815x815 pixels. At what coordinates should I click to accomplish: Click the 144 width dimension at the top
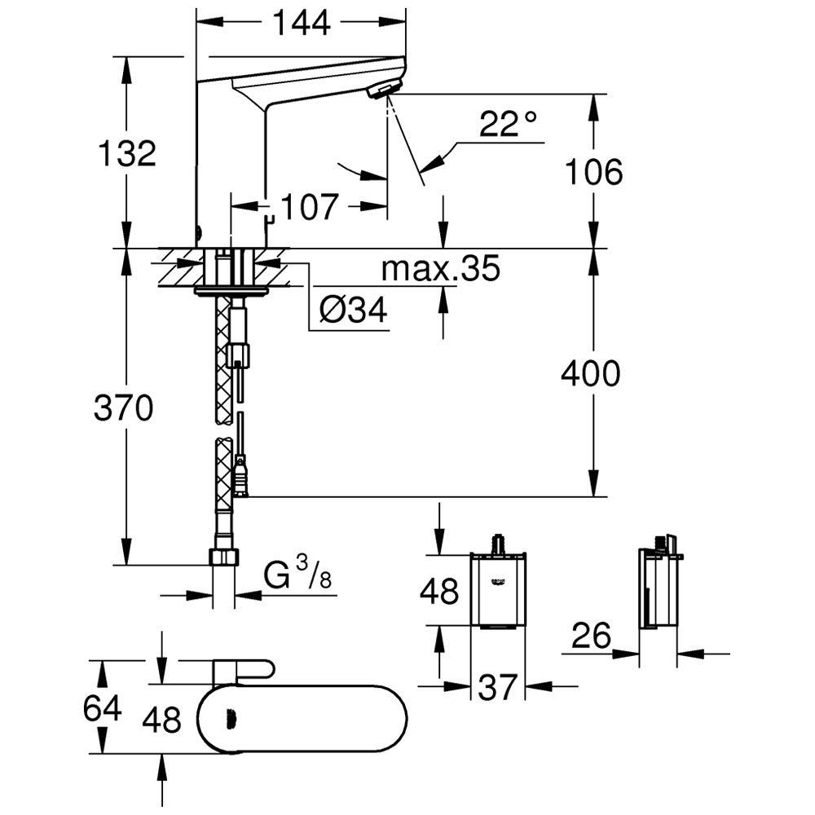point(302,22)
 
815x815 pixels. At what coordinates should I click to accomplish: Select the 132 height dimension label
point(127,153)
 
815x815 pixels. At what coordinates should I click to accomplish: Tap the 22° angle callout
point(507,124)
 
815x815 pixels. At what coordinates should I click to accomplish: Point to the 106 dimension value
point(593,172)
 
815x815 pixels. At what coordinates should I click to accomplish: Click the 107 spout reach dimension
point(310,206)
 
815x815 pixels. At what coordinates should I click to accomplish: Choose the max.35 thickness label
point(441,268)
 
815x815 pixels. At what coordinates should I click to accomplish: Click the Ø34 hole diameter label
point(354,311)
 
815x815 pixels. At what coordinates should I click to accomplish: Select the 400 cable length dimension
point(590,373)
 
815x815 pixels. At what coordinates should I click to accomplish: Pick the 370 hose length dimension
point(124,407)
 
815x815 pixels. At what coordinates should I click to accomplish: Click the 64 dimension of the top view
point(103,708)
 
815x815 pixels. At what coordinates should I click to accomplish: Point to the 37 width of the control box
point(498,686)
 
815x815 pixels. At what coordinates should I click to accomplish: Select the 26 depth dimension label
point(592,636)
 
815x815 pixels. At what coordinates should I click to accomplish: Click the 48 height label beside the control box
point(439,591)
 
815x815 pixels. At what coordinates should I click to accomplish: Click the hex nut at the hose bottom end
point(224,557)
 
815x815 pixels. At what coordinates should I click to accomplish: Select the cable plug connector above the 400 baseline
point(240,476)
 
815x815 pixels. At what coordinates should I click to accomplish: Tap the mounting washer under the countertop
point(231,291)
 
